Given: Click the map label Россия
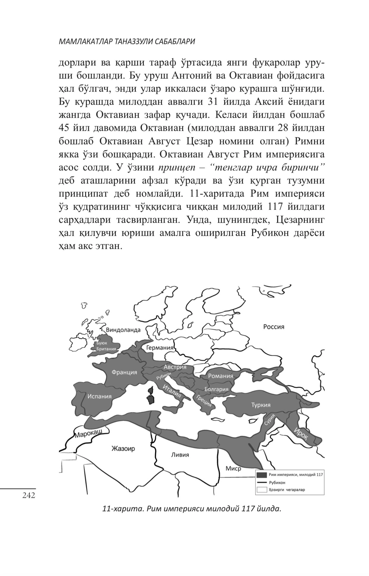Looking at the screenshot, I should (x=273, y=327).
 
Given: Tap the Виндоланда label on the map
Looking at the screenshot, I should (x=123, y=329).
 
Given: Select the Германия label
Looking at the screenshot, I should (x=160, y=348).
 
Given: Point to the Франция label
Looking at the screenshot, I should (x=124, y=372).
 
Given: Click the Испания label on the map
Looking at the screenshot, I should (x=99, y=396).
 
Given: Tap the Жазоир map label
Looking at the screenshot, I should (x=123, y=448).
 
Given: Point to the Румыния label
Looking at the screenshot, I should (x=220, y=376).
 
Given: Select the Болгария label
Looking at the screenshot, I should (x=216, y=389).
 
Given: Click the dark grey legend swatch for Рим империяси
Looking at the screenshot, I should (x=262, y=475).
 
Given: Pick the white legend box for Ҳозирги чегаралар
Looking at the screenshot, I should (x=262, y=490).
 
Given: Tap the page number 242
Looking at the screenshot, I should (x=29, y=495).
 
